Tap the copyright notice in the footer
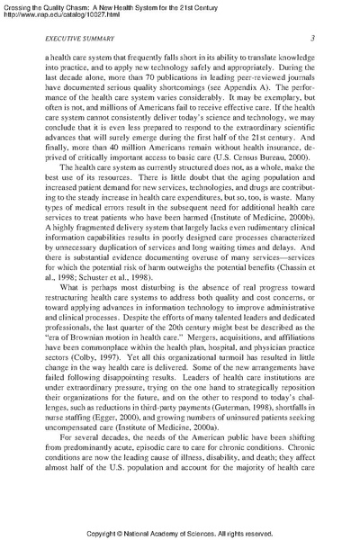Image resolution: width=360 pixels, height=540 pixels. click(x=179, y=532)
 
